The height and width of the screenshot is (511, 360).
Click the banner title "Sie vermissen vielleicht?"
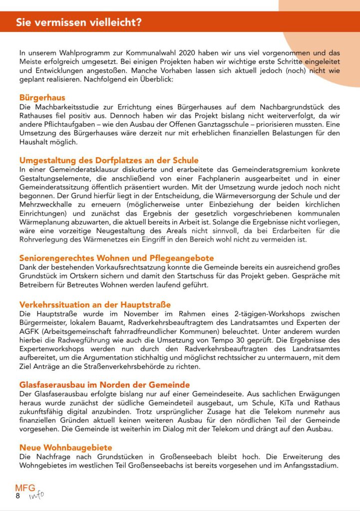click(x=78, y=22)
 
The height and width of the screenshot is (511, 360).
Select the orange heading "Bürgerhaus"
click(x=42, y=98)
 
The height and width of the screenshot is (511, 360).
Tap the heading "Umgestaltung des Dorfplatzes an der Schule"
click(x=109, y=161)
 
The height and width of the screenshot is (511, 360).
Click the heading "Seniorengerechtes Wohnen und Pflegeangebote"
click(x=116, y=258)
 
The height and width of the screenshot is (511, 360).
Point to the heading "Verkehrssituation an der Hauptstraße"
click(x=95, y=304)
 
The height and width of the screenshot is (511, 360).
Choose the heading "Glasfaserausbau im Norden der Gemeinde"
click(x=104, y=385)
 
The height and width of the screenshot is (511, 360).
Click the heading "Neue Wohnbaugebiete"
click(x=65, y=448)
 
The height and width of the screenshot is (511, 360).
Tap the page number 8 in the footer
click(x=18, y=496)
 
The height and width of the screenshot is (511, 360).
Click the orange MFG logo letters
click(x=25, y=488)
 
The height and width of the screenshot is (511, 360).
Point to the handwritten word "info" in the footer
click(x=36, y=495)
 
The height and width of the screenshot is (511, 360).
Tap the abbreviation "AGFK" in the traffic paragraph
click(x=29, y=331)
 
